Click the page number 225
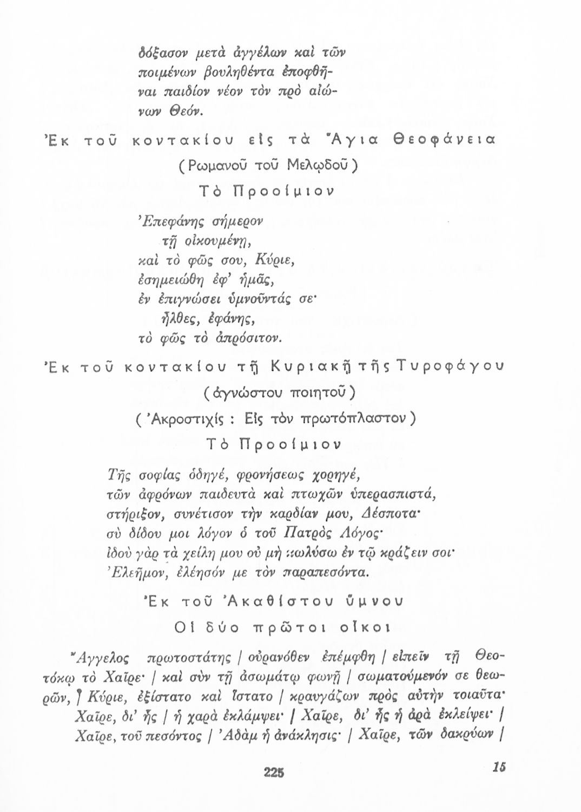[x=274, y=771]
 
